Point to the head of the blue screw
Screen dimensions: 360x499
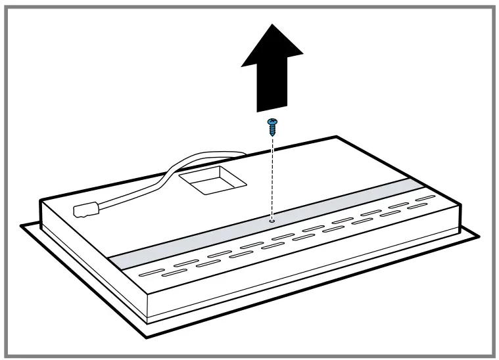point(272,122)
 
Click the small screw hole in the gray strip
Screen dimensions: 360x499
point(272,221)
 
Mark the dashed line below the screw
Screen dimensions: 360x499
point(272,177)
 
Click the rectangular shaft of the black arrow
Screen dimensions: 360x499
point(272,89)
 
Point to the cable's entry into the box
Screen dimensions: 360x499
point(245,156)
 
